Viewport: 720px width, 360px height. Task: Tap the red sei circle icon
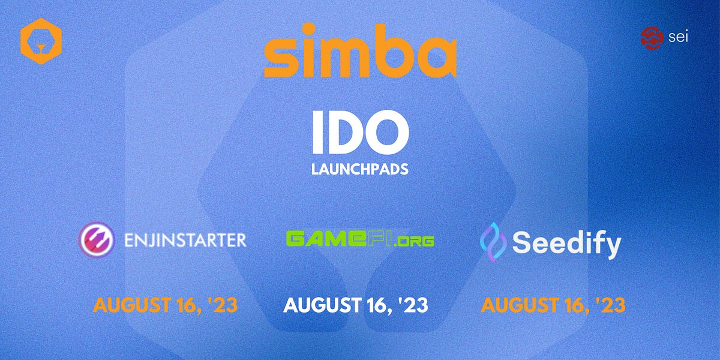pos(652,37)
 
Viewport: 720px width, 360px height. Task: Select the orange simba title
pos(360,50)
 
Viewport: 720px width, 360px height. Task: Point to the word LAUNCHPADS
pos(360,170)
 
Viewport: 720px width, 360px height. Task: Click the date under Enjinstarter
pos(165,305)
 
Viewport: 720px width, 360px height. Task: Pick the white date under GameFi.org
pos(356,305)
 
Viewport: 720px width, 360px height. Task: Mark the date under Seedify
pos(553,305)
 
